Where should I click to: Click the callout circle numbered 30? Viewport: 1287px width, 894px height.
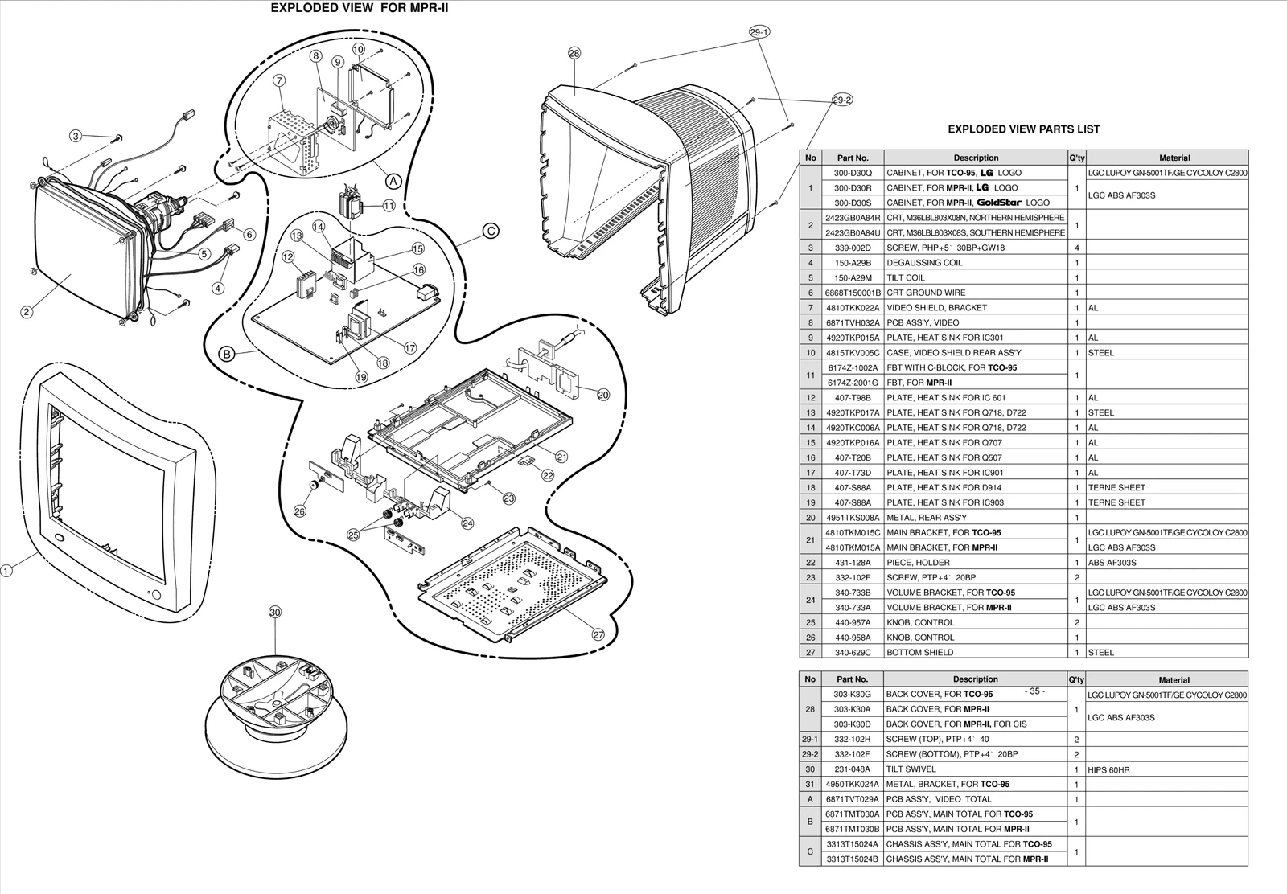click(x=275, y=613)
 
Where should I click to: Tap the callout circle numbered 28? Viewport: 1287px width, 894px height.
click(x=574, y=54)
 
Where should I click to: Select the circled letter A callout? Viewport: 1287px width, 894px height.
click(x=393, y=181)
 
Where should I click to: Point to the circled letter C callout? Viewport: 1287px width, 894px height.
click(x=491, y=232)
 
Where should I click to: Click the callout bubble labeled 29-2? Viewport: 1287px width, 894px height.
click(x=842, y=100)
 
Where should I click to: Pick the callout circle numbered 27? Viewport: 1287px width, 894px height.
click(x=598, y=634)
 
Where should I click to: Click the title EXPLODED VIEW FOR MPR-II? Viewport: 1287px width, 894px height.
click(x=359, y=9)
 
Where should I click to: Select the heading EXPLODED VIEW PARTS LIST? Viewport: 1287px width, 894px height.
click(x=1023, y=129)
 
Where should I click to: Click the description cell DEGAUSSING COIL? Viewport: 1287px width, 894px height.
click(x=924, y=263)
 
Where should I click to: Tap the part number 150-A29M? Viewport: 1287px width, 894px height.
click(x=853, y=278)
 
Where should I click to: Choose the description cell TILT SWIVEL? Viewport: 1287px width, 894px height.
click(x=913, y=769)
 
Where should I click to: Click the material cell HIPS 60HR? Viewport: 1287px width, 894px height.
click(x=1108, y=770)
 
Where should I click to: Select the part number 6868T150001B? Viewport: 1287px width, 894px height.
click(x=853, y=293)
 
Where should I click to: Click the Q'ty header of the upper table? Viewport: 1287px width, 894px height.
click(x=1076, y=158)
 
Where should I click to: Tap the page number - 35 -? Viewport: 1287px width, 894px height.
click(x=1034, y=691)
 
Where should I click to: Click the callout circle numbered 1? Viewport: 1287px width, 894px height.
click(x=6, y=572)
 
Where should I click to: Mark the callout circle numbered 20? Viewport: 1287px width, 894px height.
click(x=603, y=394)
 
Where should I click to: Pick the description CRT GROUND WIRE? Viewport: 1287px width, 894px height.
click(x=926, y=293)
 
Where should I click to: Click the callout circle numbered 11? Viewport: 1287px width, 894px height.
click(x=389, y=206)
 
